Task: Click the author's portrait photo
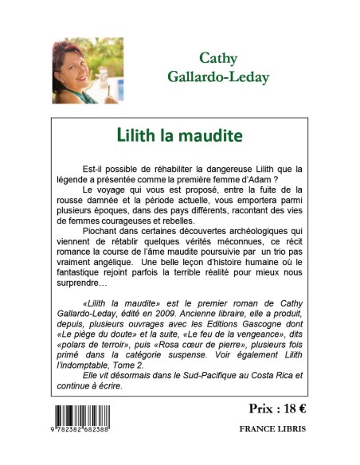pos(76,72)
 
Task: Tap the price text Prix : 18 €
pos(270,408)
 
